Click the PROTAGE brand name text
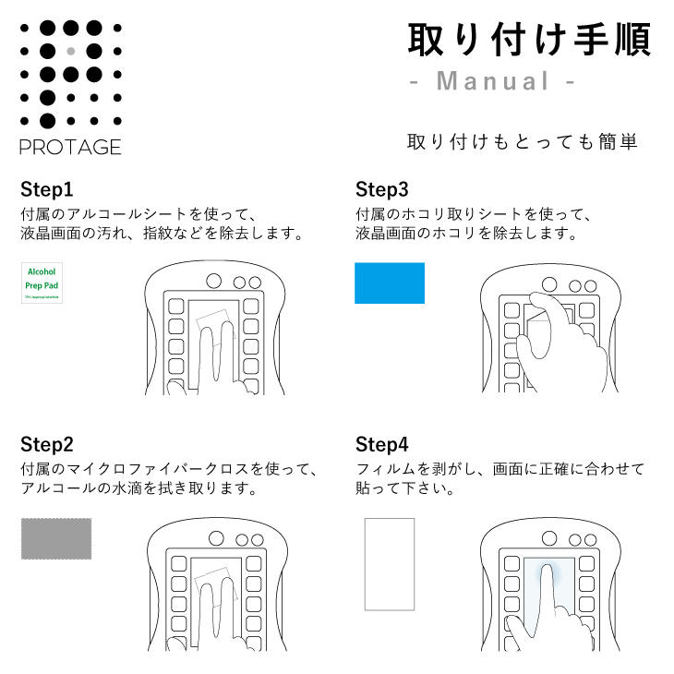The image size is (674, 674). [70, 147]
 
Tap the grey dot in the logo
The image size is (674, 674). [71, 51]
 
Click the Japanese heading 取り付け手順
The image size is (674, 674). [529, 40]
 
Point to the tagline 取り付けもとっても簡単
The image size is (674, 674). [523, 142]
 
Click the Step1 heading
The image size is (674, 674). [46, 191]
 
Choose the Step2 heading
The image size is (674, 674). [46, 444]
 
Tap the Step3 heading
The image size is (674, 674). [381, 191]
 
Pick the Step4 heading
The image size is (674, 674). [381, 444]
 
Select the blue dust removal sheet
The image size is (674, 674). [390, 283]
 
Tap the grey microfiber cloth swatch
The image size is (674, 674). [57, 538]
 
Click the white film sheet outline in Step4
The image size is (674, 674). [389, 564]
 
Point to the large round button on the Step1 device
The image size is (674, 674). [214, 281]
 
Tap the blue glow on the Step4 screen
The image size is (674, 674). [550, 582]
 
